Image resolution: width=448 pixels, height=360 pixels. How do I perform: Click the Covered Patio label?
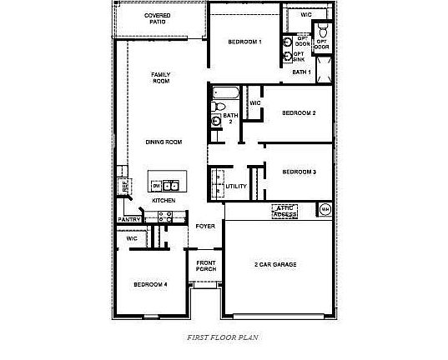[158, 18]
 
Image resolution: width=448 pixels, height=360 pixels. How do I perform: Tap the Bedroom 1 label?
[245, 42]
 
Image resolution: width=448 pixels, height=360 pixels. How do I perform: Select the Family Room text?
[160, 78]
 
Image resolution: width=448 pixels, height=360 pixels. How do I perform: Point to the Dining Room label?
[164, 142]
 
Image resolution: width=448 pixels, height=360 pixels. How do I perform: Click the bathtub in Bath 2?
[226, 92]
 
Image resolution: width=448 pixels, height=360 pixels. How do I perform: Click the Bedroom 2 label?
[298, 112]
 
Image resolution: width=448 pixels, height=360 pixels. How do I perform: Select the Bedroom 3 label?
[299, 172]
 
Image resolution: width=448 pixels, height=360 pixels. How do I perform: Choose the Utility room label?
[236, 186]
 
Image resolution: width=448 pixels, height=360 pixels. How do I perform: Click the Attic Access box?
[286, 211]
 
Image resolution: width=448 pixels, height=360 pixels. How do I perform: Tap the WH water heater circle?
[325, 208]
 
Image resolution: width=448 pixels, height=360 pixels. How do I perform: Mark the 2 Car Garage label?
[275, 264]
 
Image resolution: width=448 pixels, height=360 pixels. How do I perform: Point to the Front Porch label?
[206, 266]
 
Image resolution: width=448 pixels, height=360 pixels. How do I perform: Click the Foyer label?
[205, 226]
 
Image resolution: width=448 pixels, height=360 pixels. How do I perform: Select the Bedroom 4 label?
[150, 284]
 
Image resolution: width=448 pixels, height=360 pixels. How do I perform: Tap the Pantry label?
[129, 219]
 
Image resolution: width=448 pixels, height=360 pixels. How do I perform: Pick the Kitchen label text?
[163, 201]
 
